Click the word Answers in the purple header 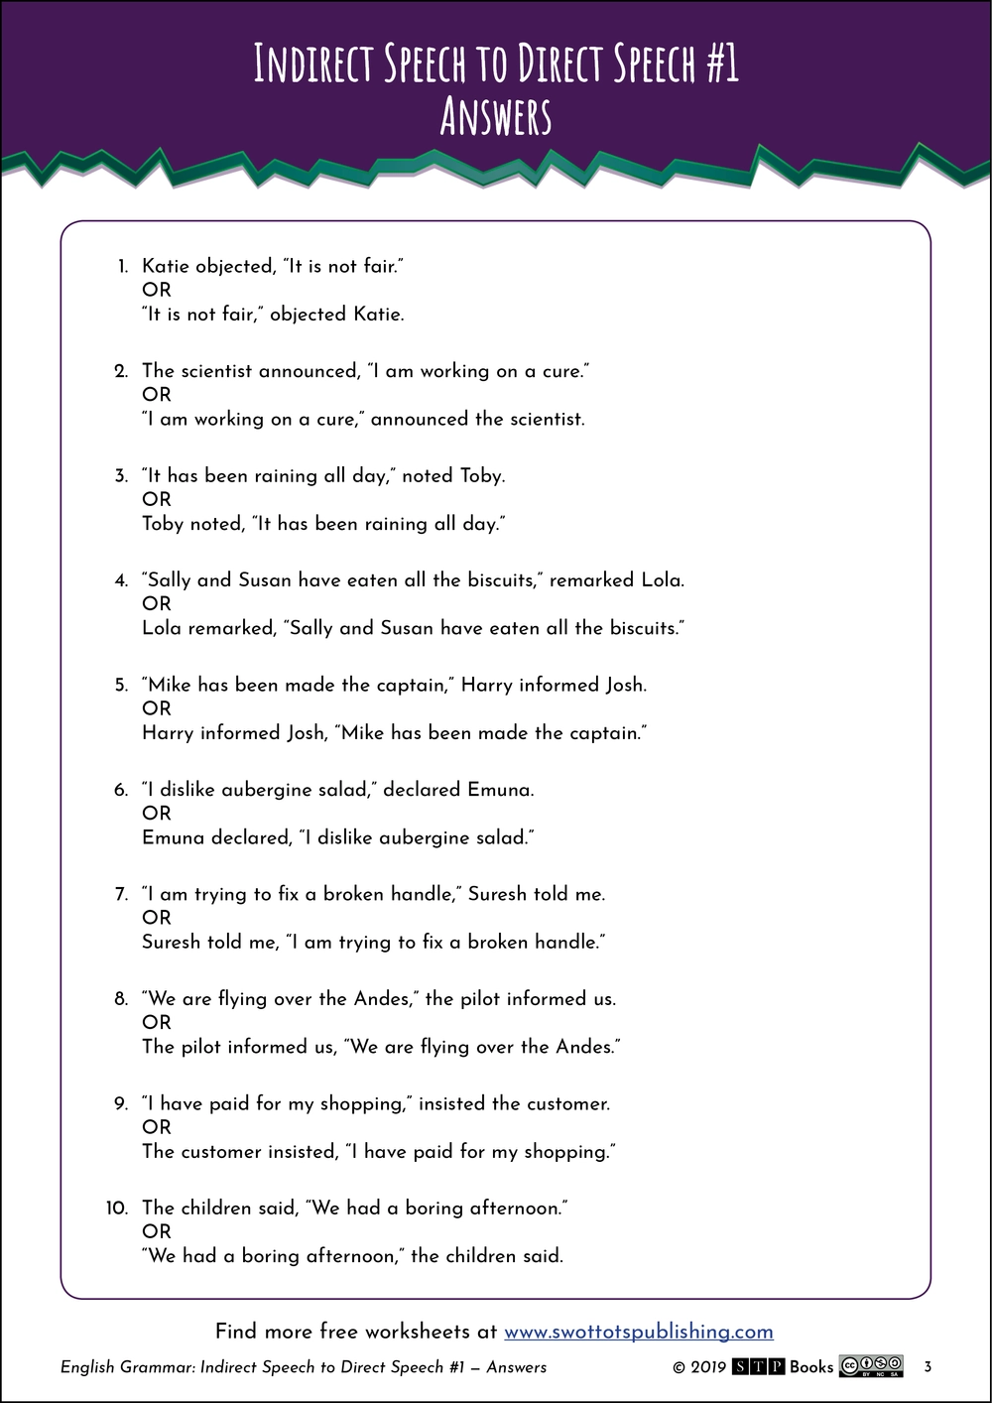pyautogui.click(x=495, y=117)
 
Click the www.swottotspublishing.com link pyautogui.click(x=638, y=1332)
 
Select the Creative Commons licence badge pyautogui.click(x=871, y=1366)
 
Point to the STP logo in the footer pyautogui.click(x=759, y=1367)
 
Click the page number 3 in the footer pyautogui.click(x=928, y=1367)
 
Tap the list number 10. pyautogui.click(x=117, y=1209)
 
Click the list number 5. pyautogui.click(x=121, y=686)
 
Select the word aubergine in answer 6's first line pyautogui.click(x=266, y=791)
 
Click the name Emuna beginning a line pyautogui.click(x=173, y=838)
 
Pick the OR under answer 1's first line pyautogui.click(x=157, y=290)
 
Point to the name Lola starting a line pyautogui.click(x=162, y=628)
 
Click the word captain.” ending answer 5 pyautogui.click(x=608, y=734)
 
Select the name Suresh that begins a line pyautogui.click(x=172, y=943)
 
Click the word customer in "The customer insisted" pyautogui.click(x=221, y=1152)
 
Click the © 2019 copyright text pyautogui.click(x=699, y=1367)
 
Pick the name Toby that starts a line pyautogui.click(x=164, y=524)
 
